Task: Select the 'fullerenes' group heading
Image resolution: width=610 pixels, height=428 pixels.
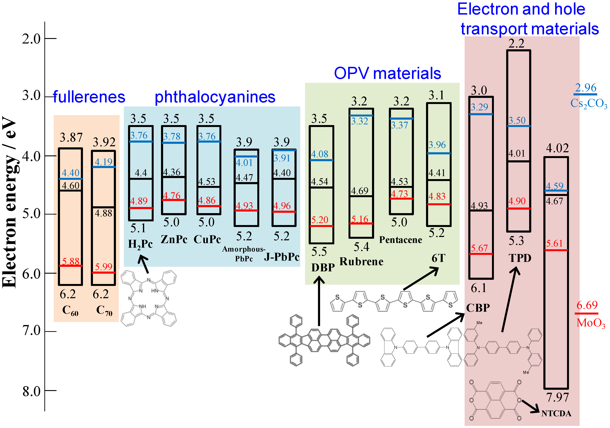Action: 89,97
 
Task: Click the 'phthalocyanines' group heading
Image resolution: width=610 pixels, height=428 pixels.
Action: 215,97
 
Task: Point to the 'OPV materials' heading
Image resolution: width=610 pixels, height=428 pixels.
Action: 387,73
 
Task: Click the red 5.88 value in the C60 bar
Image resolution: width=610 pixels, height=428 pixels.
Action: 71,261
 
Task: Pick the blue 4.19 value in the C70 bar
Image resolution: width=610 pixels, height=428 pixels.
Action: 104,162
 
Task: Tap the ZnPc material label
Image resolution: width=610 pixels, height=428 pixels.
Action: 174,239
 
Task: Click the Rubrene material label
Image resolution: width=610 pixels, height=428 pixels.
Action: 361,262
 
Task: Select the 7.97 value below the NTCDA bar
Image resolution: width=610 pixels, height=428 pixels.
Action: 557,397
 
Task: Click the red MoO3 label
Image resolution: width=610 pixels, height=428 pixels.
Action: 591,323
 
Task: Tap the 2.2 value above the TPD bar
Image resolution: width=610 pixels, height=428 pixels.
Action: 517,43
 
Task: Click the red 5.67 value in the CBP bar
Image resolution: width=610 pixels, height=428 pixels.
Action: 479,248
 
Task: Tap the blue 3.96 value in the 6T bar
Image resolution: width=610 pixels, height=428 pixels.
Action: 437,145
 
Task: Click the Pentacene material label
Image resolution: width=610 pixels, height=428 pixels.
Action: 400,240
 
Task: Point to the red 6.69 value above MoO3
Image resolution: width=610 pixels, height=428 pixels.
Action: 587,305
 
